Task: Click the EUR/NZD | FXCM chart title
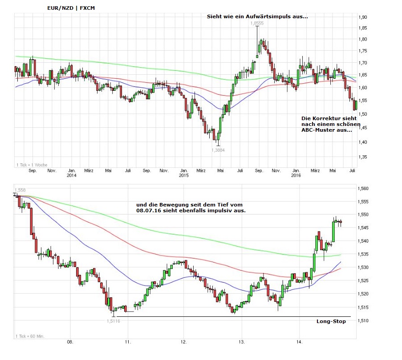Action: pos(71,8)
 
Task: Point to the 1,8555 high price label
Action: pos(257,23)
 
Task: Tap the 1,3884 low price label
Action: pos(218,150)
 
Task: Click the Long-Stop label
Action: pos(331,321)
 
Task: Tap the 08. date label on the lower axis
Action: pos(70,342)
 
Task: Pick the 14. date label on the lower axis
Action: pos(300,342)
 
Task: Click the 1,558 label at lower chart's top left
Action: pos(20,190)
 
